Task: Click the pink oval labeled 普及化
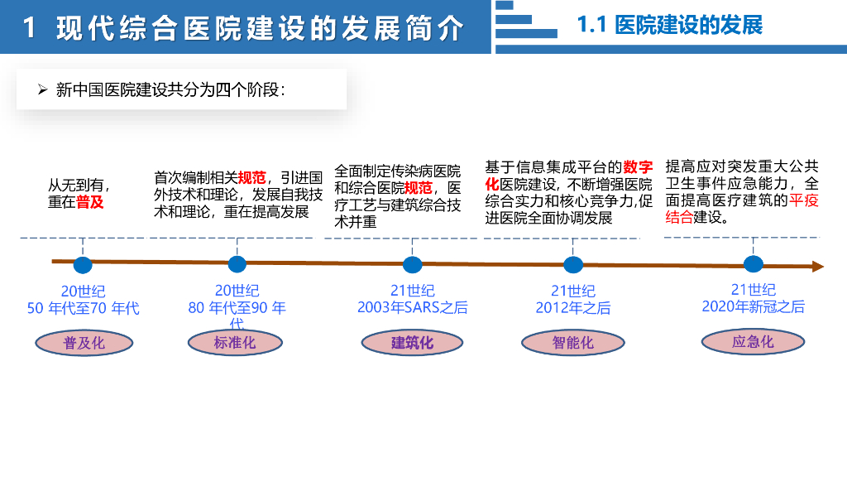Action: pos(84,343)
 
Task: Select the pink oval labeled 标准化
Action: pos(235,342)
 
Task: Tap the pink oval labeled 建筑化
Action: pos(411,343)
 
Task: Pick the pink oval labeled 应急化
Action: pos(752,341)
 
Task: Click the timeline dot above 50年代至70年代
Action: pos(83,265)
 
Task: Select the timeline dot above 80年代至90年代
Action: pos(237,264)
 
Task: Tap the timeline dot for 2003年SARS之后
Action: pos(412,265)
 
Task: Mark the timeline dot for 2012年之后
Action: pos(573,265)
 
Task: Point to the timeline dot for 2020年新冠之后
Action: pos(753,264)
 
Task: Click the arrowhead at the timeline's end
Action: pos(817,267)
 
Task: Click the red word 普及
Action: pos(90,202)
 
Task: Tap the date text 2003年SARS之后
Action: pos(412,307)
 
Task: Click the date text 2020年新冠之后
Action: pos(753,306)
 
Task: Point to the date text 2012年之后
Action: pos(573,308)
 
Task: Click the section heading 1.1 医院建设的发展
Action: pos(669,25)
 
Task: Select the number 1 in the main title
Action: pos(30,29)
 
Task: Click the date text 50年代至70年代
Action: pos(83,308)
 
